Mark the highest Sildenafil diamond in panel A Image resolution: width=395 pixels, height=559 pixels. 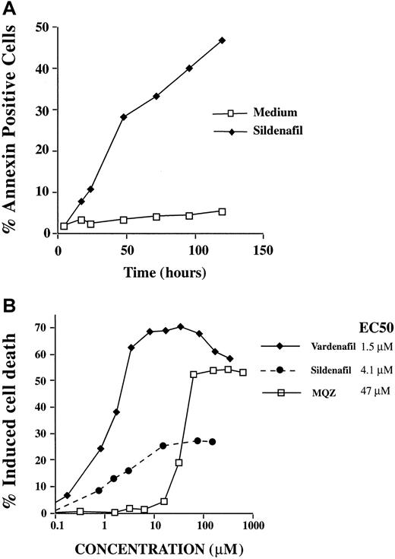point(223,40)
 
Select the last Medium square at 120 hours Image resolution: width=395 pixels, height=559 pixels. point(222,211)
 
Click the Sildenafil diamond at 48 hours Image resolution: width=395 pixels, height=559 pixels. point(123,117)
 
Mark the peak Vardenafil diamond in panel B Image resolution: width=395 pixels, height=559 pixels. point(180,327)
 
